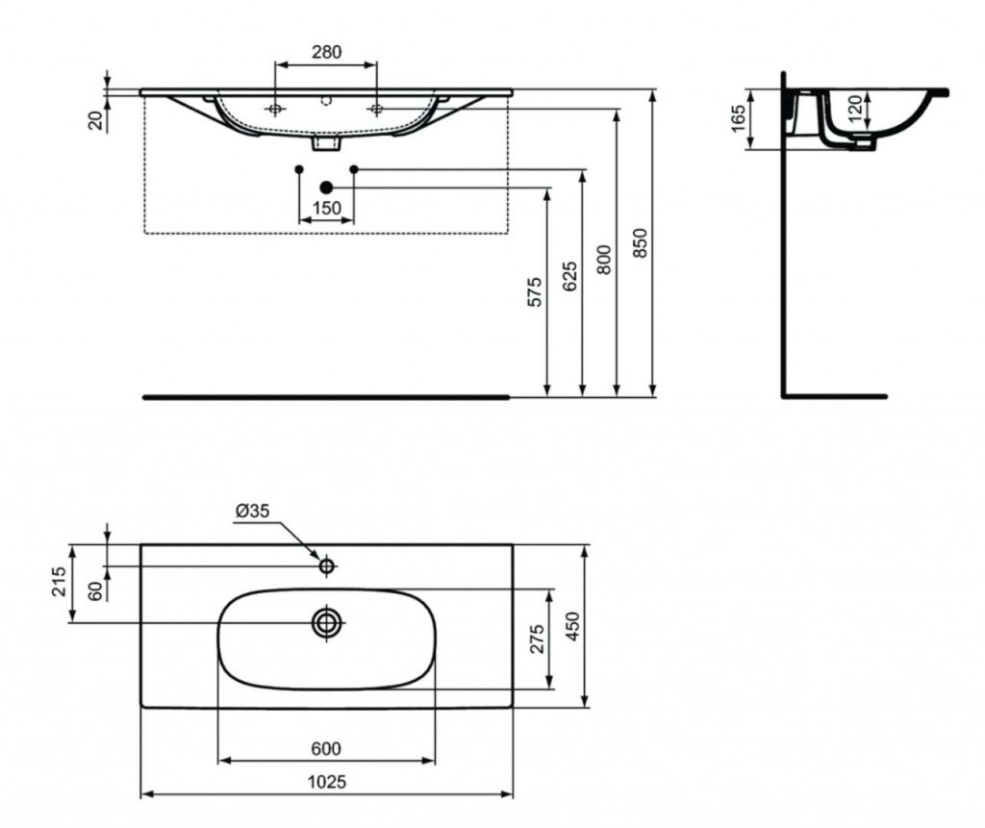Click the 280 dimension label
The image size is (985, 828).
pos(327,52)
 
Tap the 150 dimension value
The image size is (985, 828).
pos(327,208)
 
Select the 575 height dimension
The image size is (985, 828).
pos(534,291)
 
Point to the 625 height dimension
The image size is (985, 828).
pos(569,276)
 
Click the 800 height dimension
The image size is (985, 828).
pos(604,260)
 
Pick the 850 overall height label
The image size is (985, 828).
pos(640,242)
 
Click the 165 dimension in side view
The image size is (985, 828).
pos(739,118)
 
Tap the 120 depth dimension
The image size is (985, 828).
pos(855,108)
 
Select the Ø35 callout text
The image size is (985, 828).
pos(253,511)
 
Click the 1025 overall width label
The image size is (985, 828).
pos(327,782)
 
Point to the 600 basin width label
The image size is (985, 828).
pos(327,748)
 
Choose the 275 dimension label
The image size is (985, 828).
pos(538,640)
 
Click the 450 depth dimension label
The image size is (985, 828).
pos(573,626)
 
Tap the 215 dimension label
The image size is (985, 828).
pos(59,583)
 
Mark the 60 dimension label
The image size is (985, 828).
pos(94,590)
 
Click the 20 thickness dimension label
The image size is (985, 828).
pos(95,119)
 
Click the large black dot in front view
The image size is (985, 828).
pos(326,188)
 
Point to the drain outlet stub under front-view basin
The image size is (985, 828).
pos(327,144)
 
